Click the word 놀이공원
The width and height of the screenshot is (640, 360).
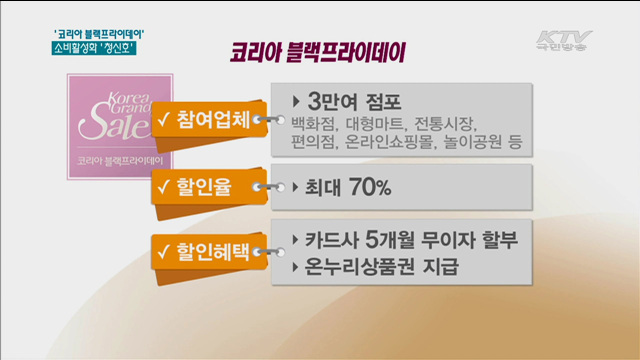(477, 145)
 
